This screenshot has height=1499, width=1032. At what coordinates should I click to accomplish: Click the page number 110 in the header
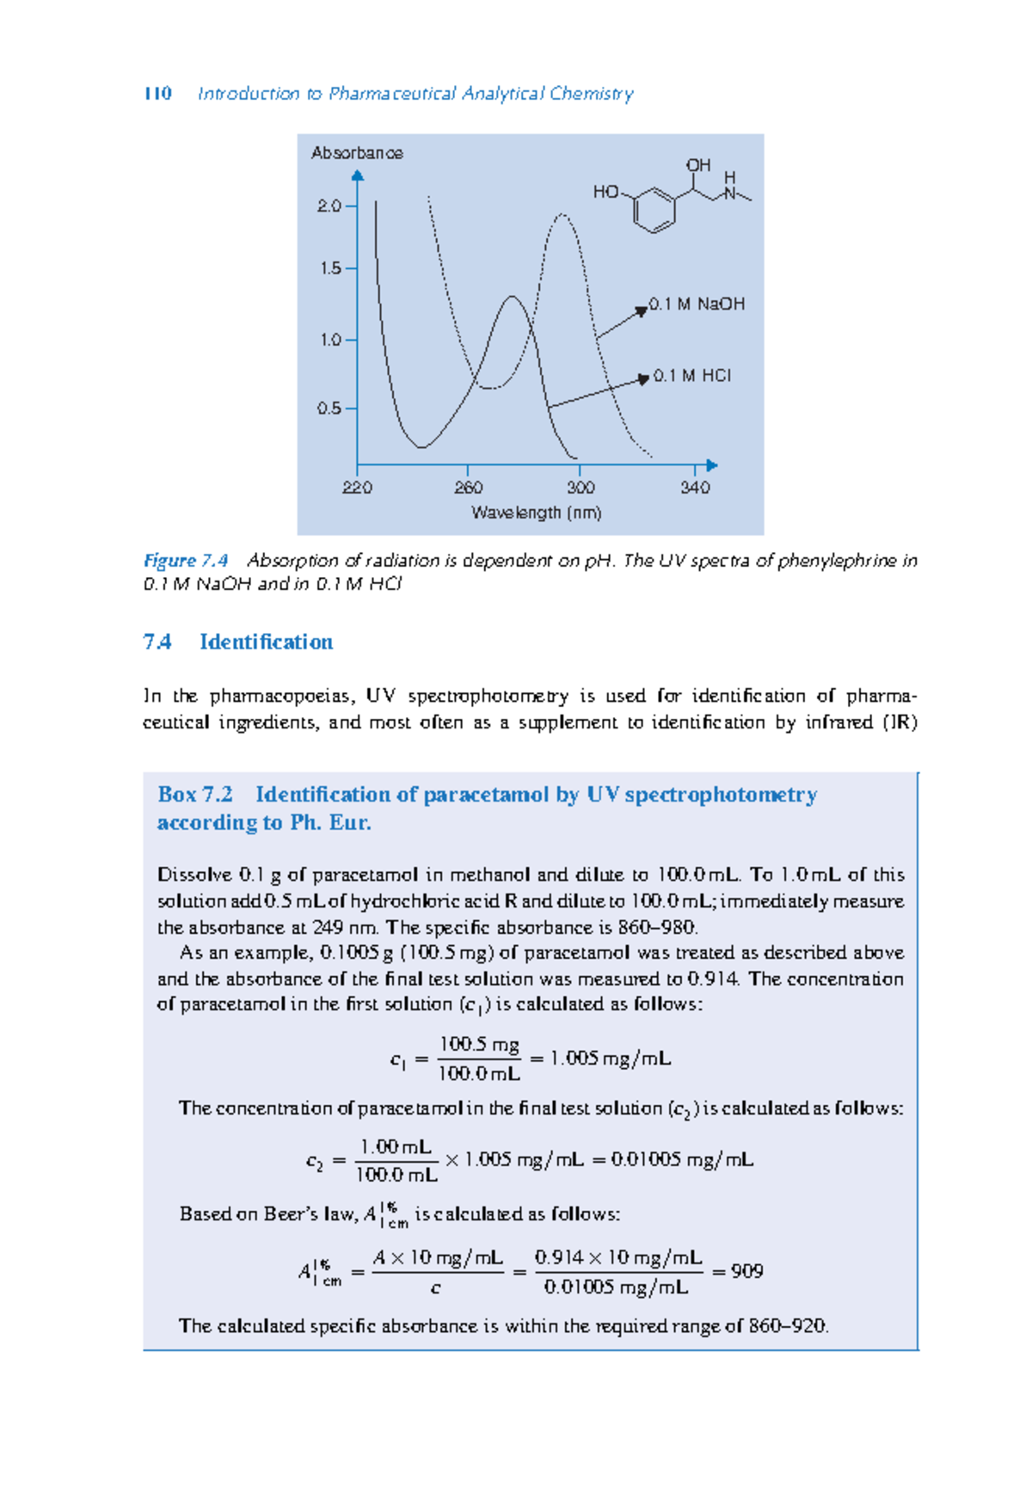(157, 93)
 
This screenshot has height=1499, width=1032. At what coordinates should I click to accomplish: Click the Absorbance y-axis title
(357, 153)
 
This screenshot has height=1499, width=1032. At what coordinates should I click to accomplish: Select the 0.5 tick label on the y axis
(329, 409)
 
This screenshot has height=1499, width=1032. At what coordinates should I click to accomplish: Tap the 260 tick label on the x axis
(468, 488)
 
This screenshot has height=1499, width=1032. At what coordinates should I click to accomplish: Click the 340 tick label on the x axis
(695, 488)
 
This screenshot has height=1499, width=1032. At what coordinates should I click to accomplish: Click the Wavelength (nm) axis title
(537, 513)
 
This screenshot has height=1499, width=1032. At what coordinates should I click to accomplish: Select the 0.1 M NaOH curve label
(697, 304)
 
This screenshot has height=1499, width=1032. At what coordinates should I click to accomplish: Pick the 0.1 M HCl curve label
(692, 376)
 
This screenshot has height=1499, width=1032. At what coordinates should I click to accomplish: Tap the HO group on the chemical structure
(605, 192)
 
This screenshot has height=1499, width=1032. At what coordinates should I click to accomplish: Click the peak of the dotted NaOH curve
(562, 215)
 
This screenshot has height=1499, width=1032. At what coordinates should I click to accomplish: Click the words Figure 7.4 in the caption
(185, 561)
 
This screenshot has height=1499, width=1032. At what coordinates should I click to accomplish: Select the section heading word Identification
(266, 642)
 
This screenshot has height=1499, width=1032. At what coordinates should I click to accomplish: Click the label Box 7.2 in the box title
(195, 795)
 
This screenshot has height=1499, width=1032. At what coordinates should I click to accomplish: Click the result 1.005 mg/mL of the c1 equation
(610, 1059)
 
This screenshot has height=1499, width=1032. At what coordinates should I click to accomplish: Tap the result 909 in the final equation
(746, 1271)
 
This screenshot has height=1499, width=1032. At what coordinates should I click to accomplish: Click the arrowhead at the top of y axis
(358, 175)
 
